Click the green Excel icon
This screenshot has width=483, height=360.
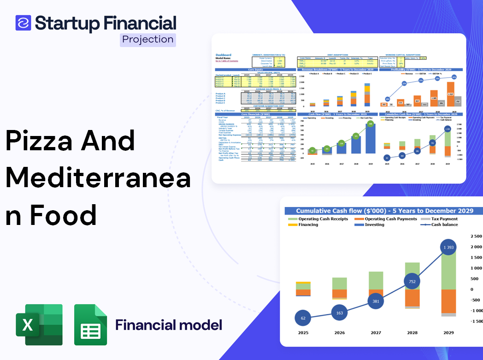coord(39,325)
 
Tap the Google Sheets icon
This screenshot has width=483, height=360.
coord(90,325)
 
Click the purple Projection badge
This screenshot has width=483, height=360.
coord(148,40)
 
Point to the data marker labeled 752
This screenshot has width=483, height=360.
coord(412,281)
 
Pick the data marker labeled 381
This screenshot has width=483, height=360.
coord(376,301)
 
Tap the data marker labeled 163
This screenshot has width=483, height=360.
coord(339,313)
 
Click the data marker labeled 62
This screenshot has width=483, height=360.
coord(303,318)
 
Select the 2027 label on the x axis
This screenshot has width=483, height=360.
coord(376,332)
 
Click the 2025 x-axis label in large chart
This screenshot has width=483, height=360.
coord(303,332)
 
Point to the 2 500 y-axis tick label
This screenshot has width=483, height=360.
coord(475,236)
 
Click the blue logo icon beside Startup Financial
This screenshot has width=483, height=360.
coord(23,23)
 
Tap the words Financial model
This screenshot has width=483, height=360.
coord(169,325)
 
